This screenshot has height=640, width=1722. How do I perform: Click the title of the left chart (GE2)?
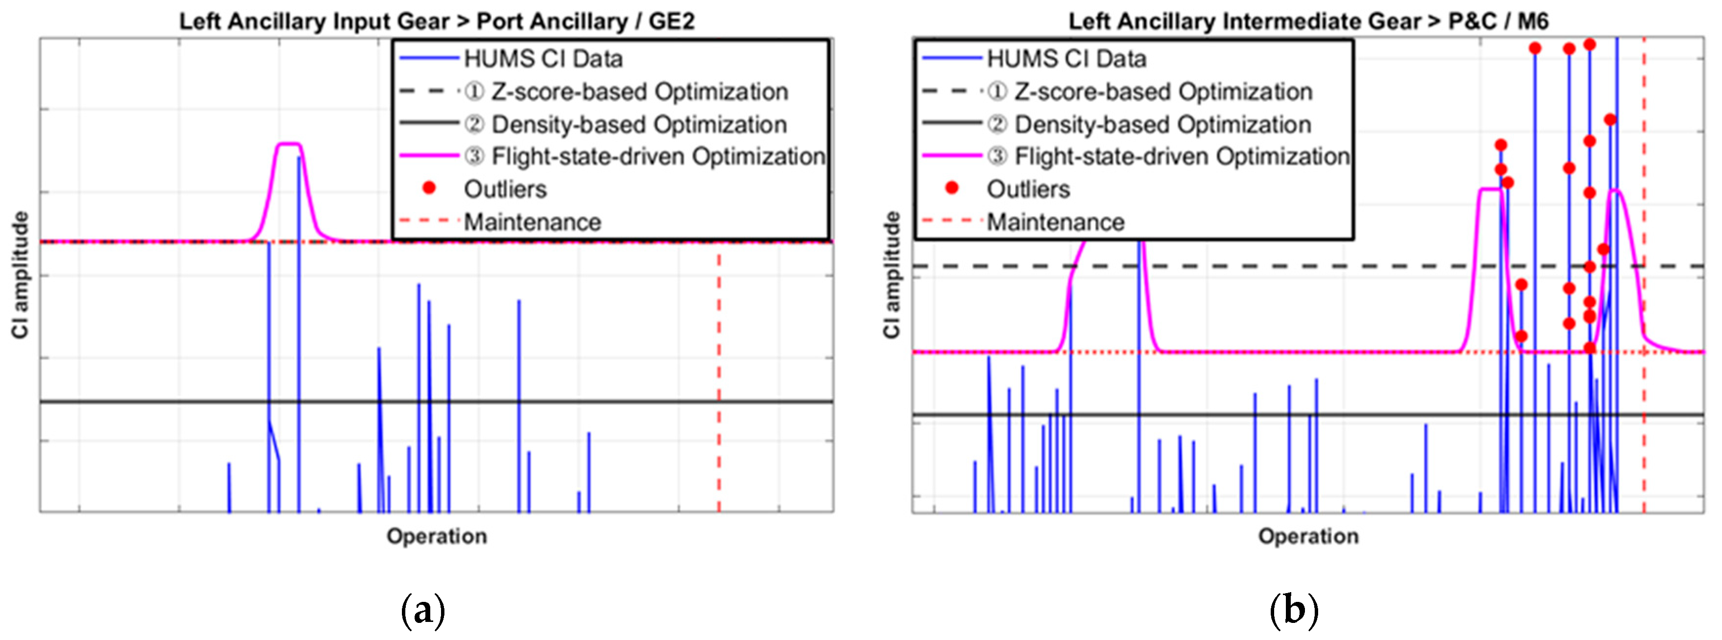click(x=437, y=21)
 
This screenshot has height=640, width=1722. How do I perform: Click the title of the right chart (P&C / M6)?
click(x=1308, y=21)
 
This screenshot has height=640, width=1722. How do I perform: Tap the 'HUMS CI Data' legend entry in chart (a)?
click(x=543, y=59)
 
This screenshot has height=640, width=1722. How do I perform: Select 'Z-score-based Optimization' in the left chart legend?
click(x=639, y=91)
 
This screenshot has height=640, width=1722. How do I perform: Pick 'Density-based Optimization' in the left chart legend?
click(x=639, y=124)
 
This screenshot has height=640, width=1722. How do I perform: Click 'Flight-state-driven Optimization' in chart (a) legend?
click(x=658, y=156)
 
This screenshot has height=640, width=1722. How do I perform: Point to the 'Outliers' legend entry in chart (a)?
click(x=505, y=189)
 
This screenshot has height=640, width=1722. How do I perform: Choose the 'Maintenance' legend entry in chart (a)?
click(x=532, y=222)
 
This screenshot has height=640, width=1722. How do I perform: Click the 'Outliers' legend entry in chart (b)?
click(x=1028, y=189)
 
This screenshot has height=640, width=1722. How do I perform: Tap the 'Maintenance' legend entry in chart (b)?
click(x=1056, y=222)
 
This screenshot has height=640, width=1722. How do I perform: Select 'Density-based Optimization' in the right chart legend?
click(x=1163, y=124)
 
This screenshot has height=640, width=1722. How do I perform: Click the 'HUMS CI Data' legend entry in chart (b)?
click(x=1066, y=59)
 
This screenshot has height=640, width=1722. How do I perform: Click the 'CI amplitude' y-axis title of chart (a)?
click(x=21, y=275)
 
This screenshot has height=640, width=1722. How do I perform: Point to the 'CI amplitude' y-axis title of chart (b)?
click(x=892, y=275)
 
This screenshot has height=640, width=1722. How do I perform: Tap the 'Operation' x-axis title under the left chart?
click(x=437, y=536)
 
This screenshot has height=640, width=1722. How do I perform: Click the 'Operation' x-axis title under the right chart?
click(x=1308, y=536)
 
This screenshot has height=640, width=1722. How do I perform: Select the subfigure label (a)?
click(x=422, y=610)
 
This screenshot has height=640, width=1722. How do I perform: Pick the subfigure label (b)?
click(x=1294, y=610)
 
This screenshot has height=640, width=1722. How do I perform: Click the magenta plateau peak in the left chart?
click(x=289, y=144)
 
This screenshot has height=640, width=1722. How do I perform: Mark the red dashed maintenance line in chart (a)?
click(x=719, y=374)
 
